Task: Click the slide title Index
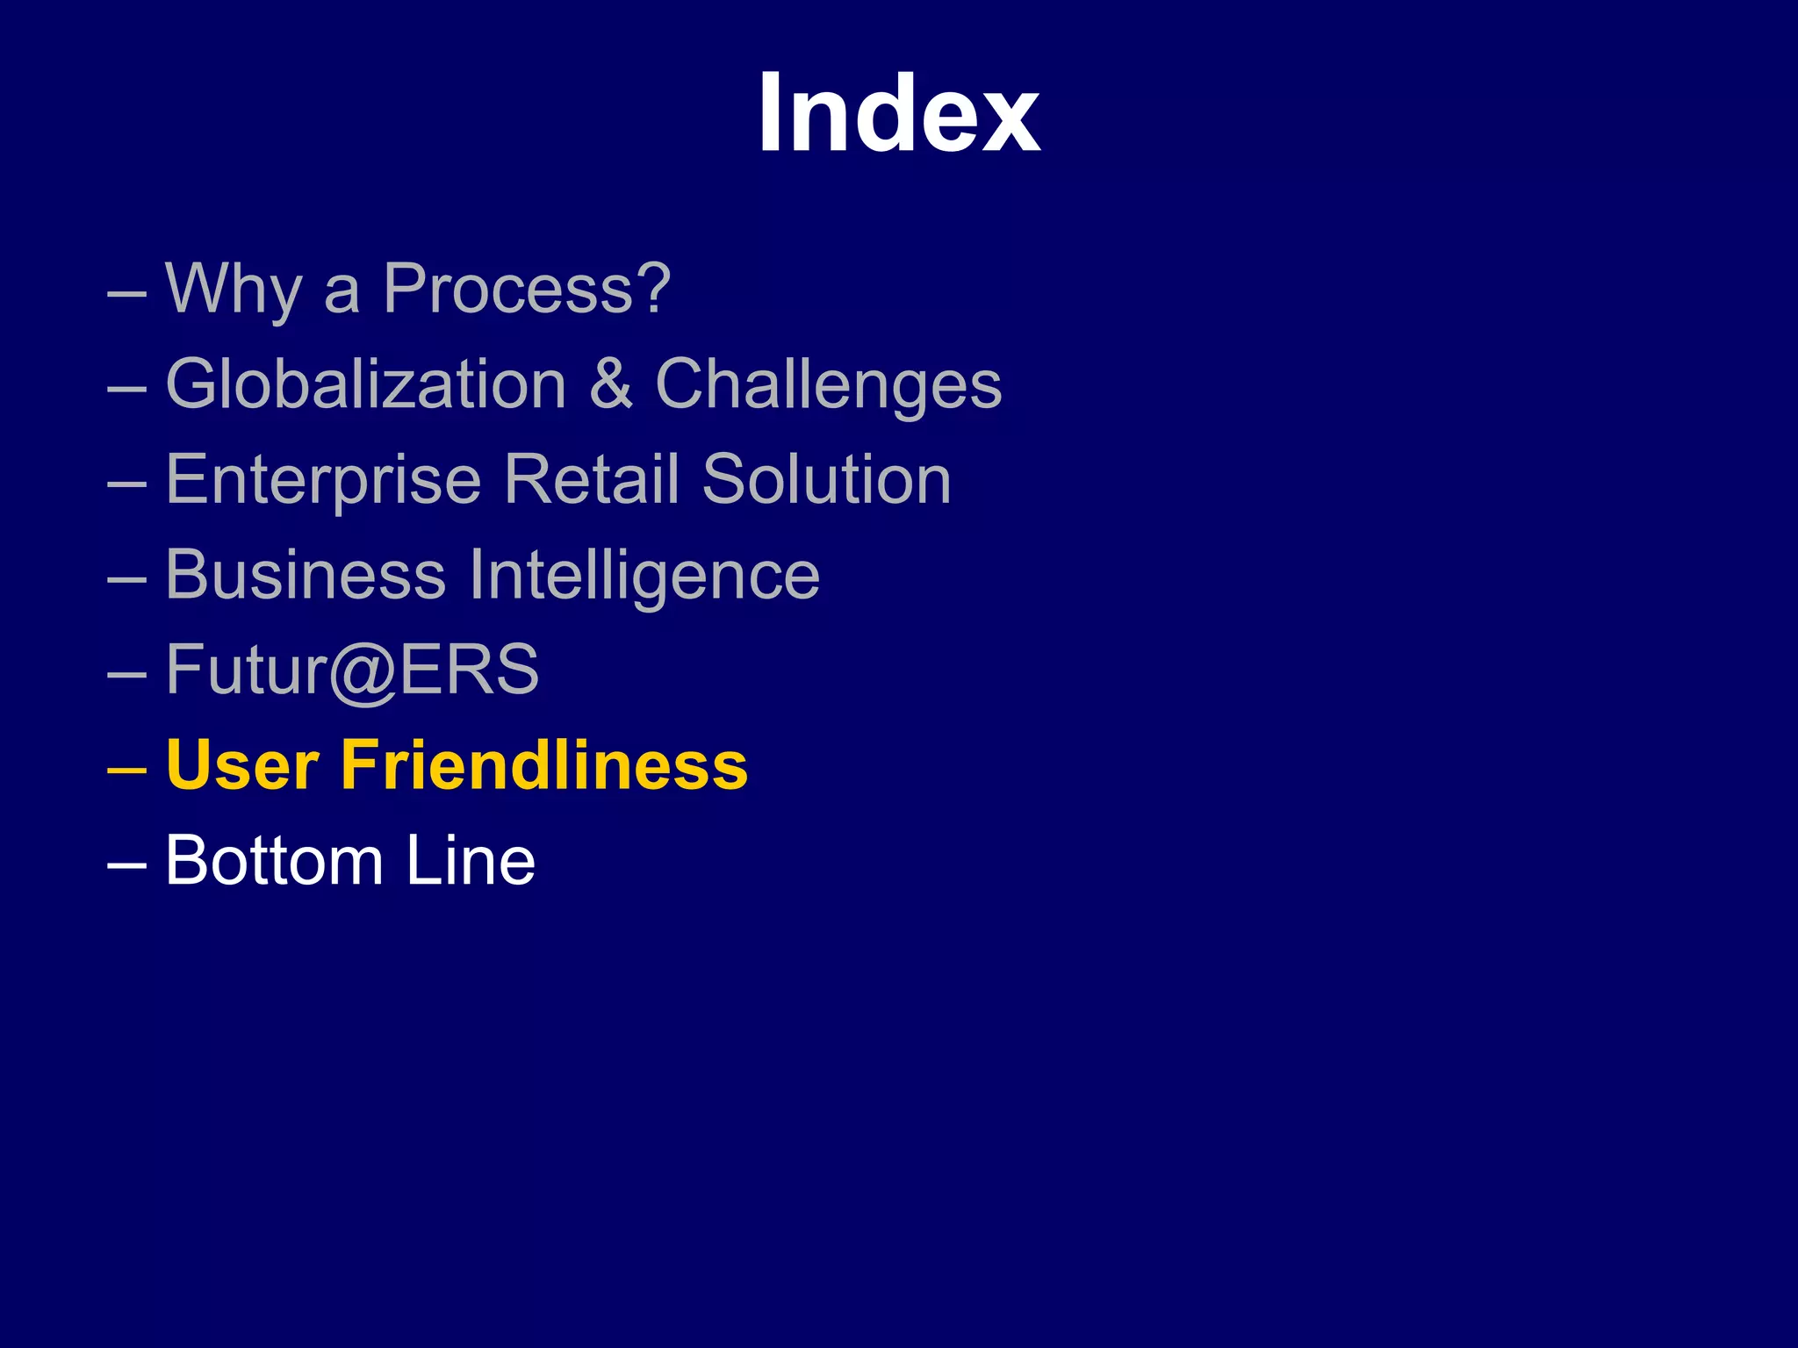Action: (899, 113)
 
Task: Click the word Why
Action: (234, 289)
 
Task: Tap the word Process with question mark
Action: (527, 289)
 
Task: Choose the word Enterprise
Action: (324, 480)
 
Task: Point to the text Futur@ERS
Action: (352, 670)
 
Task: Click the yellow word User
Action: (242, 765)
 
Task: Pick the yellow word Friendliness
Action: (544, 765)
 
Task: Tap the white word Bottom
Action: (274, 861)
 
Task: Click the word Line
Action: (471, 861)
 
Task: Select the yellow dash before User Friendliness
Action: (126, 768)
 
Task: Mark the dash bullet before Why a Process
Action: (126, 292)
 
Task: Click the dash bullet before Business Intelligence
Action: (126, 578)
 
